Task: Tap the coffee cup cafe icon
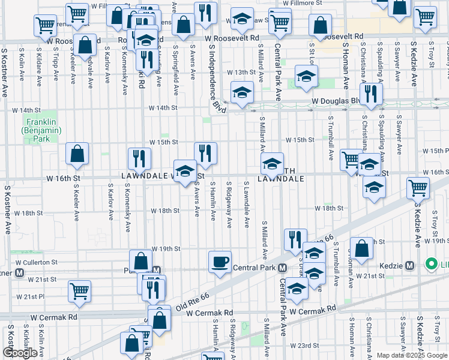pyautogui.click(x=219, y=262)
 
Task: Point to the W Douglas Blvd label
pyautogui.click(x=334, y=102)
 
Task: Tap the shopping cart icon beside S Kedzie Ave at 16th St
pyautogui.click(x=418, y=188)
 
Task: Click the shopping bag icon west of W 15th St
pyautogui.click(x=77, y=154)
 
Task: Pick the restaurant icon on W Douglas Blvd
pyautogui.click(x=372, y=94)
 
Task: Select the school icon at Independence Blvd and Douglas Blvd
pyautogui.click(x=242, y=93)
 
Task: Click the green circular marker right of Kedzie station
pyautogui.click(x=430, y=264)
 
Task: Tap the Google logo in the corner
pyautogui.click(x=20, y=353)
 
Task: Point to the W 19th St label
pyautogui.click(x=166, y=248)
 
